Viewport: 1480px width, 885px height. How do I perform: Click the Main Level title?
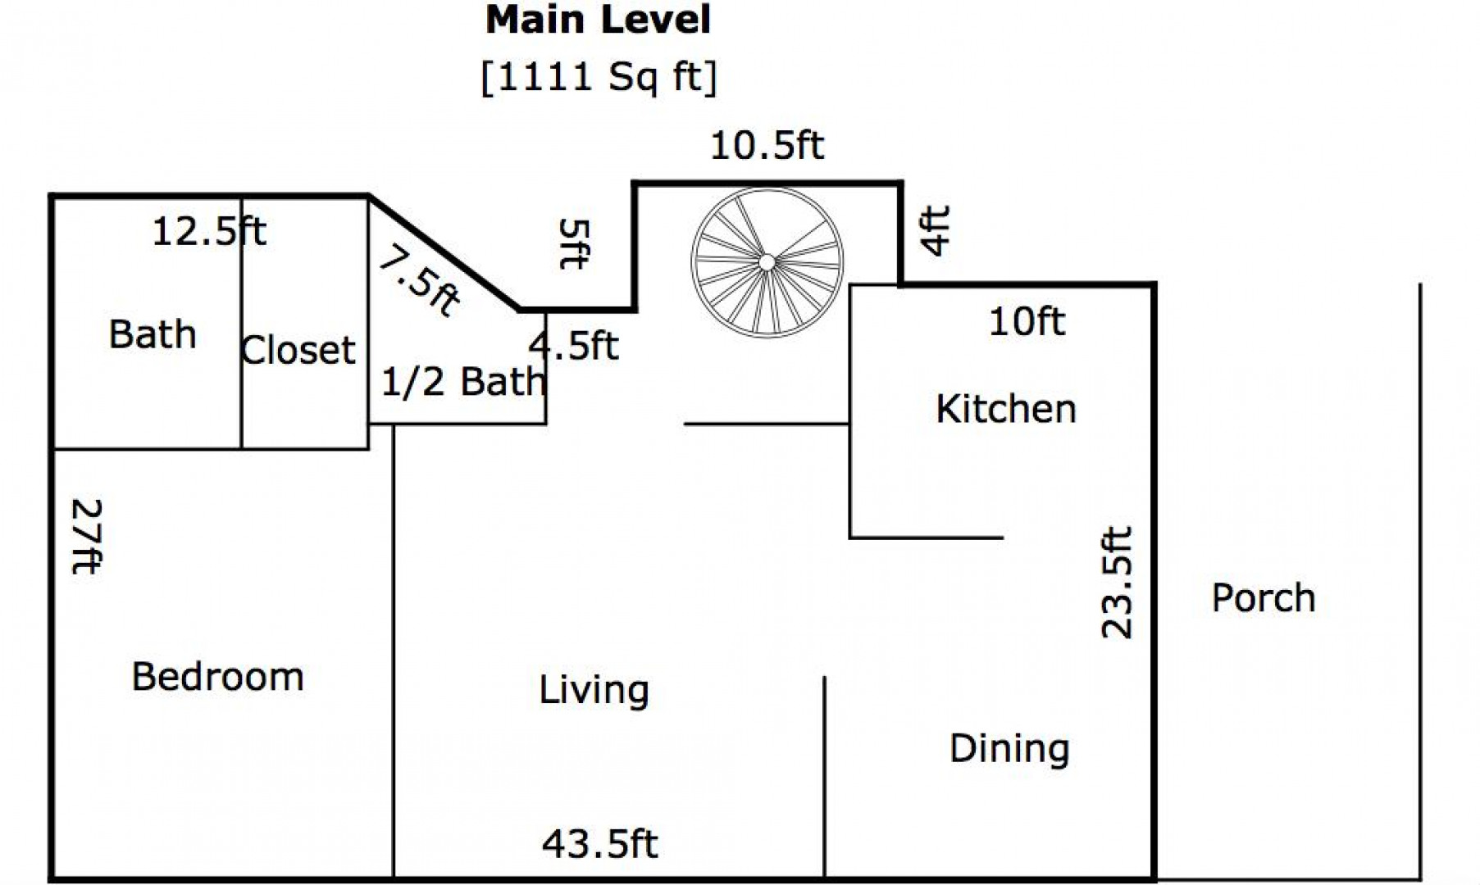(599, 20)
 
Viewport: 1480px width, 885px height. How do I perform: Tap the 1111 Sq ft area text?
(599, 78)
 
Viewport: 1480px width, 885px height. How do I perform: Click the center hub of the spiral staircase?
(767, 262)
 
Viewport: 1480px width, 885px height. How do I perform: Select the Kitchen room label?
(1006, 408)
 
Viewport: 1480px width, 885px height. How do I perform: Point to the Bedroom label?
(218, 677)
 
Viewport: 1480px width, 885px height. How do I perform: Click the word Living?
(594, 690)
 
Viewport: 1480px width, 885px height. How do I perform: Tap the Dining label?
(1009, 748)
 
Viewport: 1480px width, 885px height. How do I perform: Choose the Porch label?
(1264, 598)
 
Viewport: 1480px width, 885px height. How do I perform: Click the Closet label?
(298, 350)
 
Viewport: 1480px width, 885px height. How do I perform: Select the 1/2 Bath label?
(463, 381)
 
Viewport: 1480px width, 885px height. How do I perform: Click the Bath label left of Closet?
(153, 334)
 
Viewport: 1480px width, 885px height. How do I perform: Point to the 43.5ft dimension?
(599, 843)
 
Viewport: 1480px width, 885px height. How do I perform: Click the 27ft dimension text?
(87, 537)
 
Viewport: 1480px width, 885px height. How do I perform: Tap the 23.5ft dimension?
(1117, 582)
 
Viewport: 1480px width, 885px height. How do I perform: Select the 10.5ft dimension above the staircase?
(767, 145)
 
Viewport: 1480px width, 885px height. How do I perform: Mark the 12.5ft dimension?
(209, 231)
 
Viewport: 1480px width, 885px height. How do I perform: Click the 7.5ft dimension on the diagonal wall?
(418, 283)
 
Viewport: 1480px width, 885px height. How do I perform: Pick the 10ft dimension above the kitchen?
(1027, 321)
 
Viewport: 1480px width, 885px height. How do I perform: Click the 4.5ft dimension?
(573, 346)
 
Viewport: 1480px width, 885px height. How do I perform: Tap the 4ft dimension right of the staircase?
(936, 230)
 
